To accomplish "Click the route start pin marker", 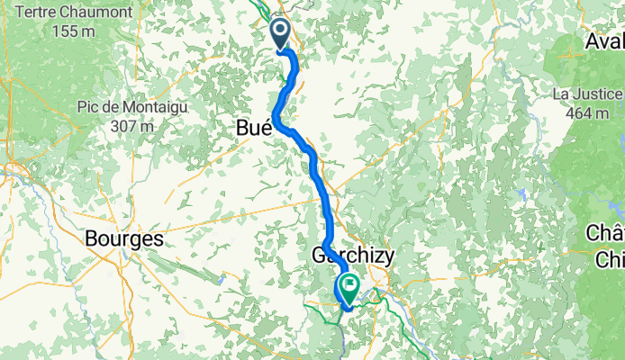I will point(280,34).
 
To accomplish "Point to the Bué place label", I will point(253,130).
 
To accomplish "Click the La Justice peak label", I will point(587,94).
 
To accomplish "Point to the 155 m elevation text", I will point(73,31).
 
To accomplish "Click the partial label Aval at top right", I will point(604,41).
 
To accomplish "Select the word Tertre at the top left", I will point(41,11).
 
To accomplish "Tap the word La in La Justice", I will point(562,94).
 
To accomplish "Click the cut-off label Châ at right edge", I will point(605,232).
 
